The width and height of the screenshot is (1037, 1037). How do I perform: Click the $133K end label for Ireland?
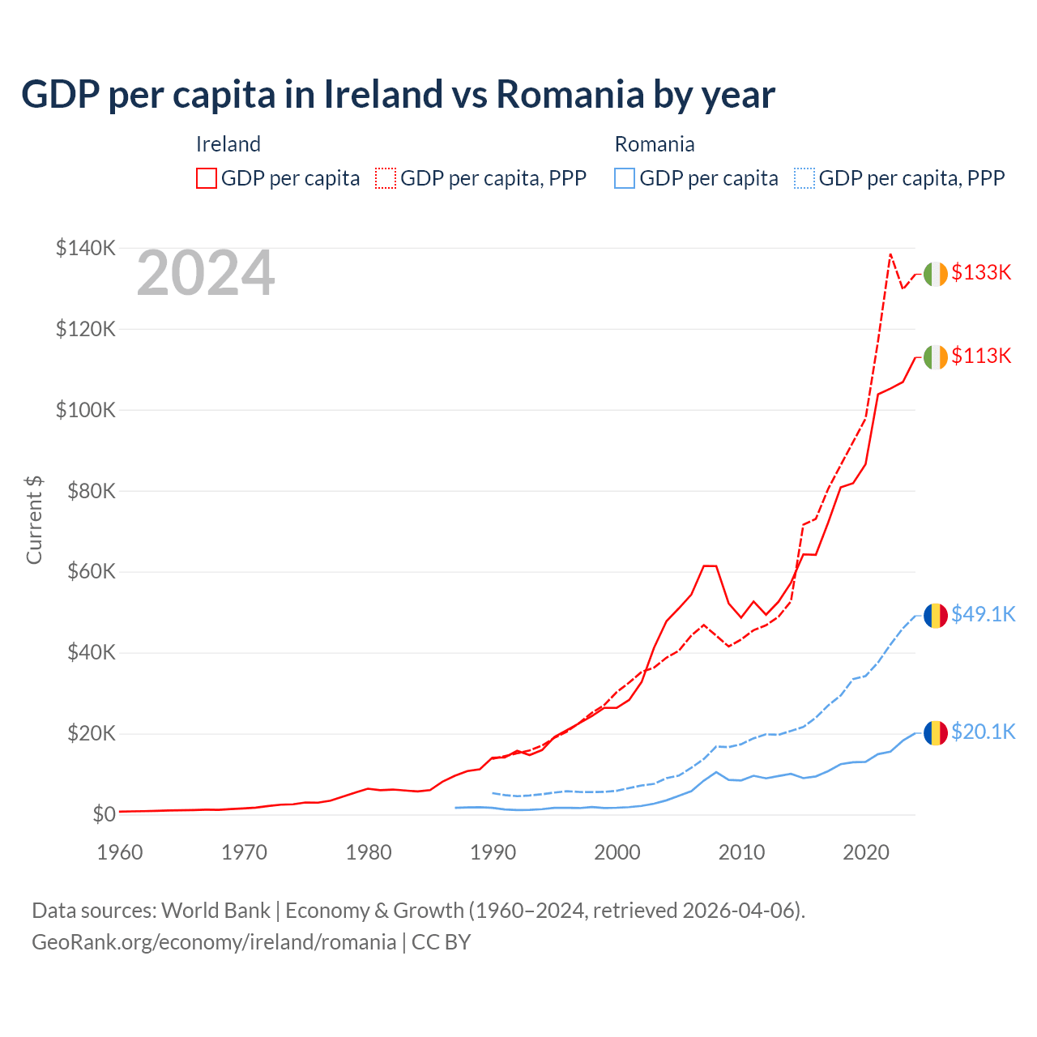(x=981, y=273)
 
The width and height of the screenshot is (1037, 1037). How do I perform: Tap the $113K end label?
(x=981, y=356)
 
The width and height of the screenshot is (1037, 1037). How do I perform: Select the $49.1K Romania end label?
(x=983, y=615)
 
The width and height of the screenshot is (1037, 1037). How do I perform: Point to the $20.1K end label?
(x=983, y=732)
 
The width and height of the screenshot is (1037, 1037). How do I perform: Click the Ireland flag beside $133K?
(x=936, y=275)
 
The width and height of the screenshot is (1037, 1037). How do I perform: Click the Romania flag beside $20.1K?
(x=936, y=733)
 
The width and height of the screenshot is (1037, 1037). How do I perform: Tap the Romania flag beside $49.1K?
(x=936, y=616)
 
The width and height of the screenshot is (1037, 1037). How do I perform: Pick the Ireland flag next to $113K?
(x=936, y=357)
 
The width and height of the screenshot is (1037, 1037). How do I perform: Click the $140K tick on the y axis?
(x=85, y=249)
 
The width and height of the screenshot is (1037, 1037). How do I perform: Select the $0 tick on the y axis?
(x=104, y=814)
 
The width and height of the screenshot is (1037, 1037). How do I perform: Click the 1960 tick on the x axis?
(x=120, y=852)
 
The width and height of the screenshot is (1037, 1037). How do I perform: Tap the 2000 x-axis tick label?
(x=617, y=852)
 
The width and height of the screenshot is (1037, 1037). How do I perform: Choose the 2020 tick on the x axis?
(x=866, y=852)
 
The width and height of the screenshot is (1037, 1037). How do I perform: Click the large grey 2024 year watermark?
(x=206, y=274)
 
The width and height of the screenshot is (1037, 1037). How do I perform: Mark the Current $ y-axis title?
(x=34, y=520)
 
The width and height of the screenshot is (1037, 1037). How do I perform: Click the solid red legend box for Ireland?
(x=207, y=178)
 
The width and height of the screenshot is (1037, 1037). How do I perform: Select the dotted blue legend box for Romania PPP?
(x=804, y=178)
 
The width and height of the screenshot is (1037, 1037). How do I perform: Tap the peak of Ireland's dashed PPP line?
(x=890, y=254)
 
